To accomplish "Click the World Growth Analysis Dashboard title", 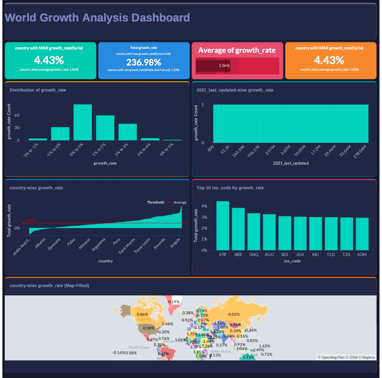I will (97, 18).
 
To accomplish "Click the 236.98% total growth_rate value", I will (144, 62).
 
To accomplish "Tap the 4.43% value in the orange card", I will (329, 60).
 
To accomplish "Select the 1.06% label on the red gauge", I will (224, 66).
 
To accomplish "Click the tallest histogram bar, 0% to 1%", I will (83, 122).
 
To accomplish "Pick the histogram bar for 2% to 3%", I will (128, 132).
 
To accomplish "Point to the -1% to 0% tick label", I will (54, 150).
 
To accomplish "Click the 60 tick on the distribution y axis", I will (17, 115).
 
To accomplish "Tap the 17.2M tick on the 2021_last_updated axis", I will (316, 150).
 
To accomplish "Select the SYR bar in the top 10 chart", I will (223, 225).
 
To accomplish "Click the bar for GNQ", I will (254, 231).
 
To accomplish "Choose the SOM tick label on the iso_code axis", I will (362, 255).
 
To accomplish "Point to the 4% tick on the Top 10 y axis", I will (204, 206).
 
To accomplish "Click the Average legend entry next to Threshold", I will (180, 202).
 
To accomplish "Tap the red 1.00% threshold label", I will (29, 221).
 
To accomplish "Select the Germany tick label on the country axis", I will (54, 244).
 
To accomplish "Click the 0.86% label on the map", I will (142, 315).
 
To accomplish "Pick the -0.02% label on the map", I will (233, 315).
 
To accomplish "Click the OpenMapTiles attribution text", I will (331, 357).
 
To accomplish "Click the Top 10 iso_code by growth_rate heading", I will (230, 188).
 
